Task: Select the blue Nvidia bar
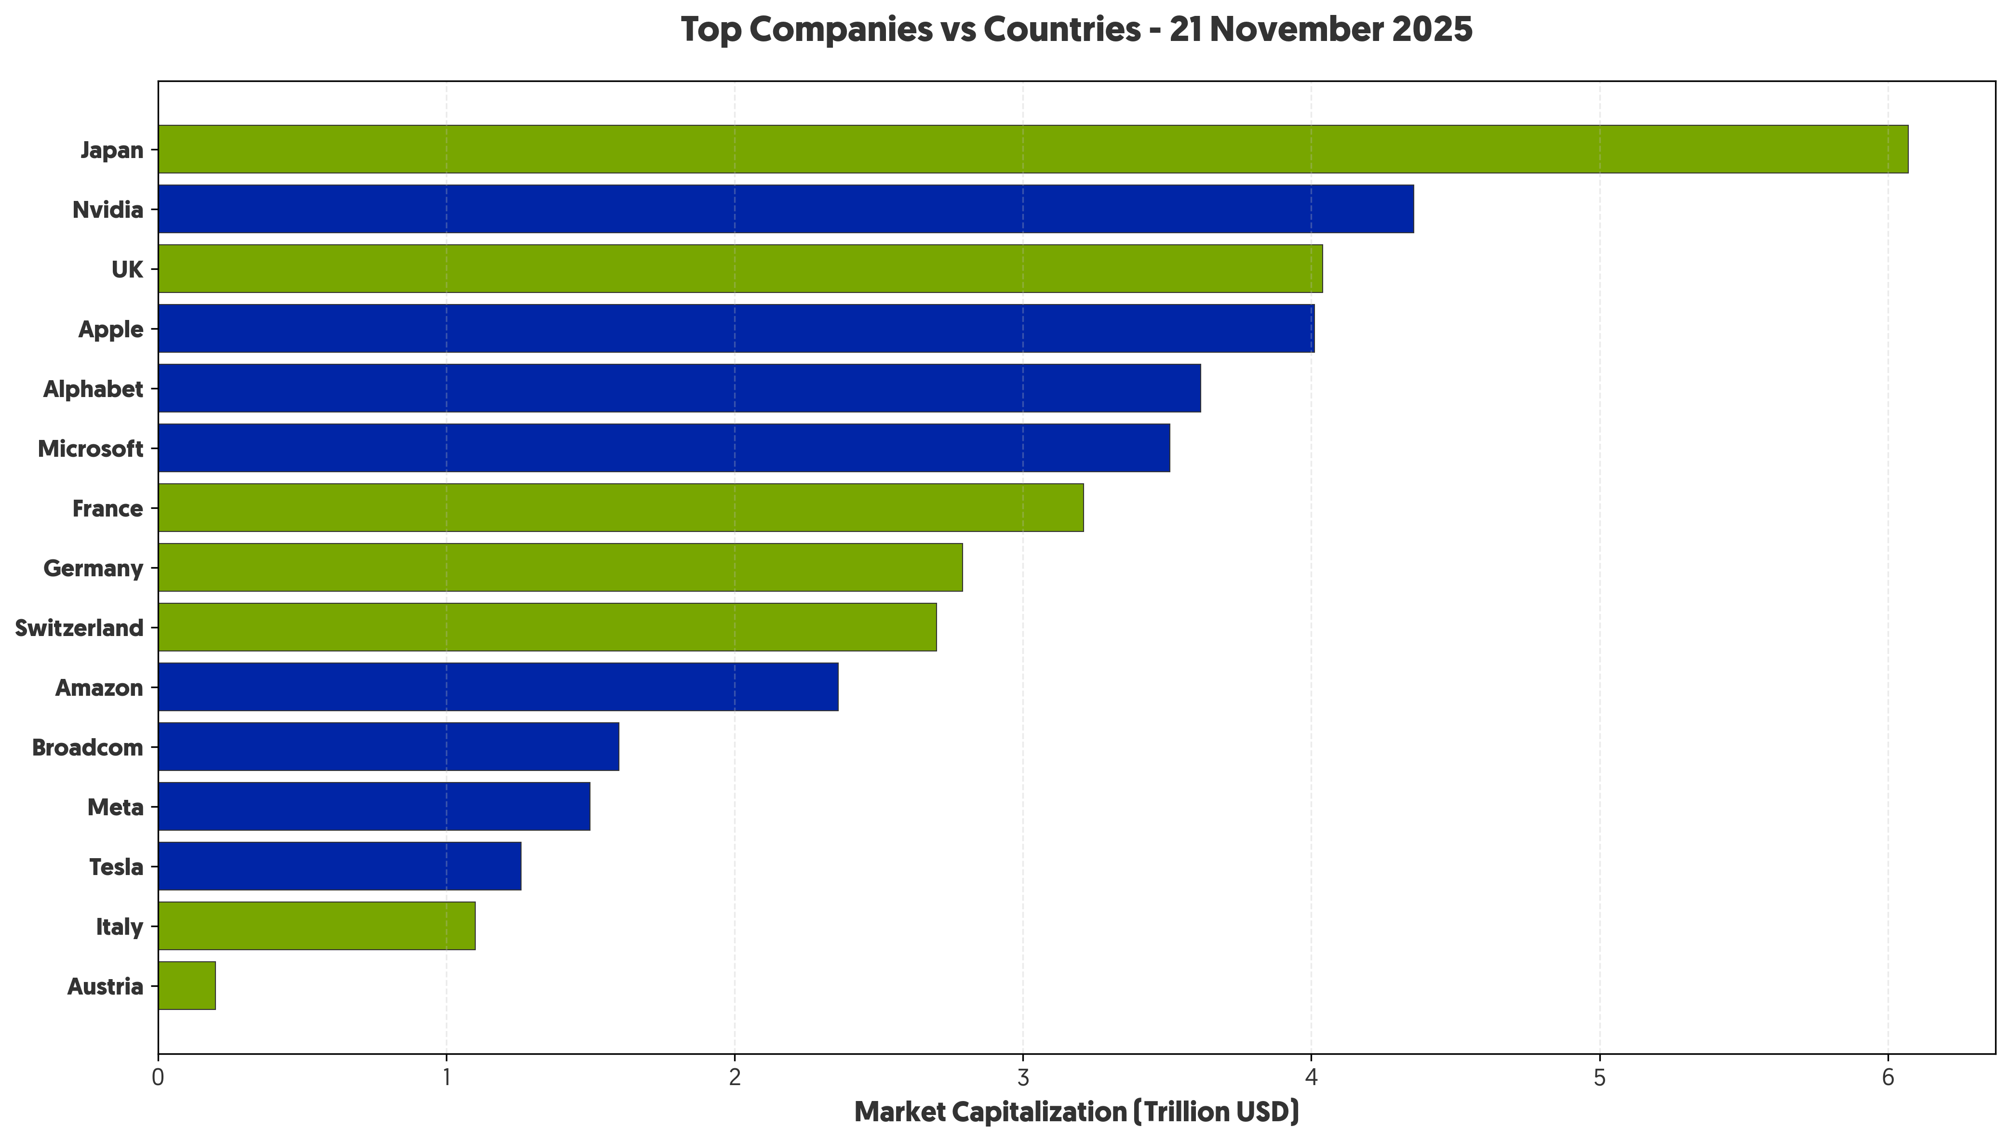click(x=786, y=209)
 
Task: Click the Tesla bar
click(x=339, y=866)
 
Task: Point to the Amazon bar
click(x=498, y=687)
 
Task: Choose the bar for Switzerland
click(x=547, y=627)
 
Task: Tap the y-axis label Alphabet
click(x=94, y=389)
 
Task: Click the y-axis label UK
click(x=127, y=269)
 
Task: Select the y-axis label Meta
click(x=115, y=807)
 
